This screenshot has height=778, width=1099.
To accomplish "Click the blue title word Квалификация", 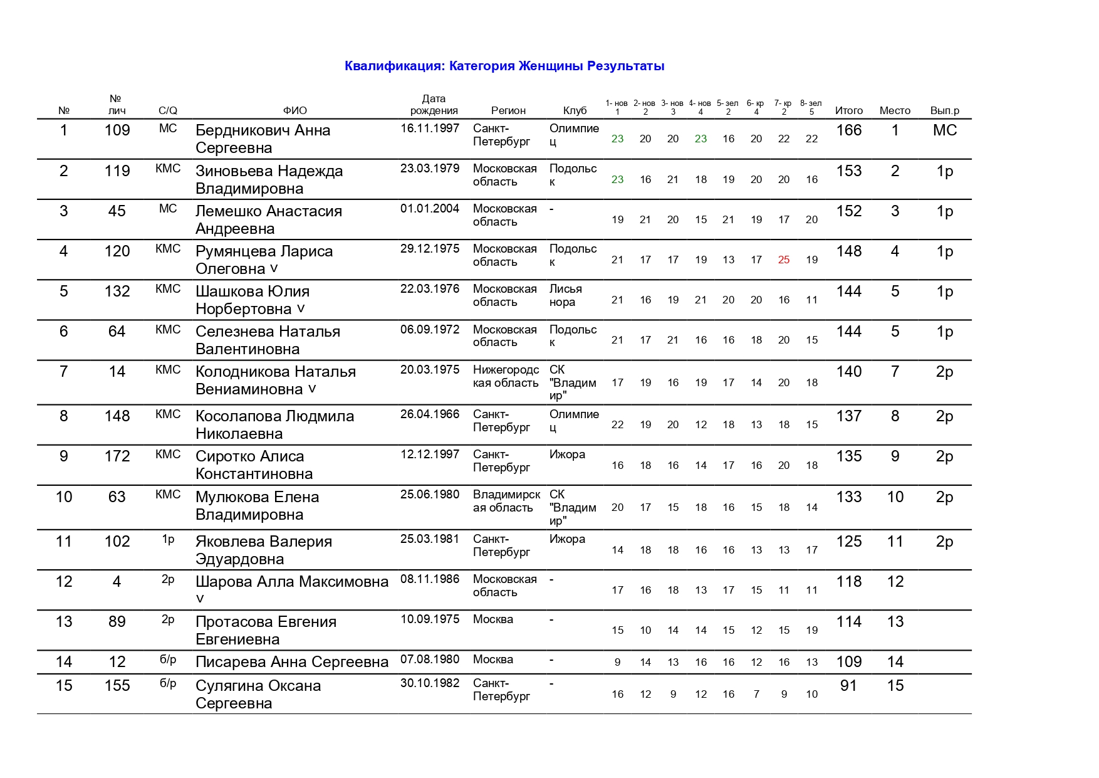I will [395, 66].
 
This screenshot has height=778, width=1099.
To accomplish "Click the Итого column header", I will [848, 111].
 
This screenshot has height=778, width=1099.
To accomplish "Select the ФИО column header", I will [295, 111].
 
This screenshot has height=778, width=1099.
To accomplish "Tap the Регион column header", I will [508, 111].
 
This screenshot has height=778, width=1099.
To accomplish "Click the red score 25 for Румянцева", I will [783, 260].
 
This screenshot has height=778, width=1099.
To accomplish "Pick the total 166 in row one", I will [848, 130].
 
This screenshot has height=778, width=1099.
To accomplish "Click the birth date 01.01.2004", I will [430, 209].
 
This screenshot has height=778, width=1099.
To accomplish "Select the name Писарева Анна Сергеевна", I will [292, 662].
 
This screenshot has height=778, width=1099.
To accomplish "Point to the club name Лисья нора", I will [565, 296].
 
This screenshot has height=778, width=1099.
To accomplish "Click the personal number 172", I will [117, 456].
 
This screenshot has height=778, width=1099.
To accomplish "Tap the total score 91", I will [848, 686].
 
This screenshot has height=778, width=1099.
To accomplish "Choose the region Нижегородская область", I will [506, 377].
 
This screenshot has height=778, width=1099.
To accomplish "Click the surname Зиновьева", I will [234, 171].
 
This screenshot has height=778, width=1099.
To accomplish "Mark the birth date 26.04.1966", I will [430, 414].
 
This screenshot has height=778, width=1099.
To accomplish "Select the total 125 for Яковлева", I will [848, 542].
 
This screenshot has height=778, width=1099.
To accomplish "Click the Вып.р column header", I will [944, 111].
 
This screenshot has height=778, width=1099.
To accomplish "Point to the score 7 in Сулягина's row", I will [756, 695].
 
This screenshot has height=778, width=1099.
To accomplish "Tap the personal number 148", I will [117, 416].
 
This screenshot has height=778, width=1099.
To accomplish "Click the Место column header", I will [895, 111].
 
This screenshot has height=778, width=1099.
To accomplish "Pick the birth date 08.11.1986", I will [430, 579].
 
